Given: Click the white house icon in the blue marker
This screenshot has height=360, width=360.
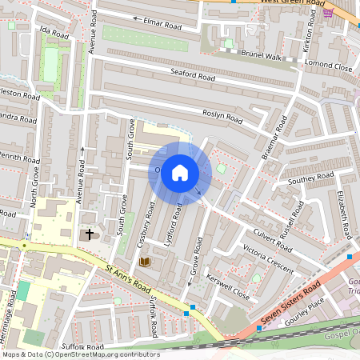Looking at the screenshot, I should point(180,173).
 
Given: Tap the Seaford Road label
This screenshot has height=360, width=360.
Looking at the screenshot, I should point(193,76).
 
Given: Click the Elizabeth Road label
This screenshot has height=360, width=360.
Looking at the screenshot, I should point(344,214).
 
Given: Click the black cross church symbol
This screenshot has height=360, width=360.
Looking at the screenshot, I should point(89,234).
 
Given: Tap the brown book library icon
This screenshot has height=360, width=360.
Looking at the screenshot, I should point(145,262).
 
